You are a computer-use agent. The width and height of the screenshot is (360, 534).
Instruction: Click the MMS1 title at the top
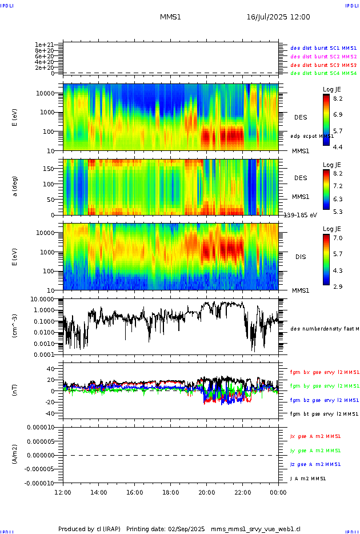point(170,17)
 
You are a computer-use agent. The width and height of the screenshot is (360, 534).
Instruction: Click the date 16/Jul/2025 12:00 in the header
point(278,17)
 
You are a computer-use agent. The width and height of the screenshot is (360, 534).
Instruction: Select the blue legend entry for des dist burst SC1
point(323,49)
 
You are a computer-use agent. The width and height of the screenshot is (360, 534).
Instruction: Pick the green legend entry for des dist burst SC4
point(323,73)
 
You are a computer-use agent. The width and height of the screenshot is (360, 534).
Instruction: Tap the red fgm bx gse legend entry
point(323,372)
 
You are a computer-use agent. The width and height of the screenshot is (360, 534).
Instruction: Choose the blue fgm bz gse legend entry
point(323,400)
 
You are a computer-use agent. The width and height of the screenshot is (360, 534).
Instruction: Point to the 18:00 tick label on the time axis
point(170,492)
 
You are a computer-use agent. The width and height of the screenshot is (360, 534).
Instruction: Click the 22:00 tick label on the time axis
point(242,492)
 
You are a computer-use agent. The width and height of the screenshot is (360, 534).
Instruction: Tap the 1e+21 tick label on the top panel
point(44,45)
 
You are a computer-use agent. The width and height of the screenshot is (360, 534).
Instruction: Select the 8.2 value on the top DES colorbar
point(337,98)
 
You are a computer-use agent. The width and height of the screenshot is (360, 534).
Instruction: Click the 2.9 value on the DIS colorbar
point(337,286)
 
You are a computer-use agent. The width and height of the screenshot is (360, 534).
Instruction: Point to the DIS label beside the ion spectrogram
point(300,257)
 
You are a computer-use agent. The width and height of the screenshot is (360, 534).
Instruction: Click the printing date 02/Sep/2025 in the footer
point(186,529)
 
